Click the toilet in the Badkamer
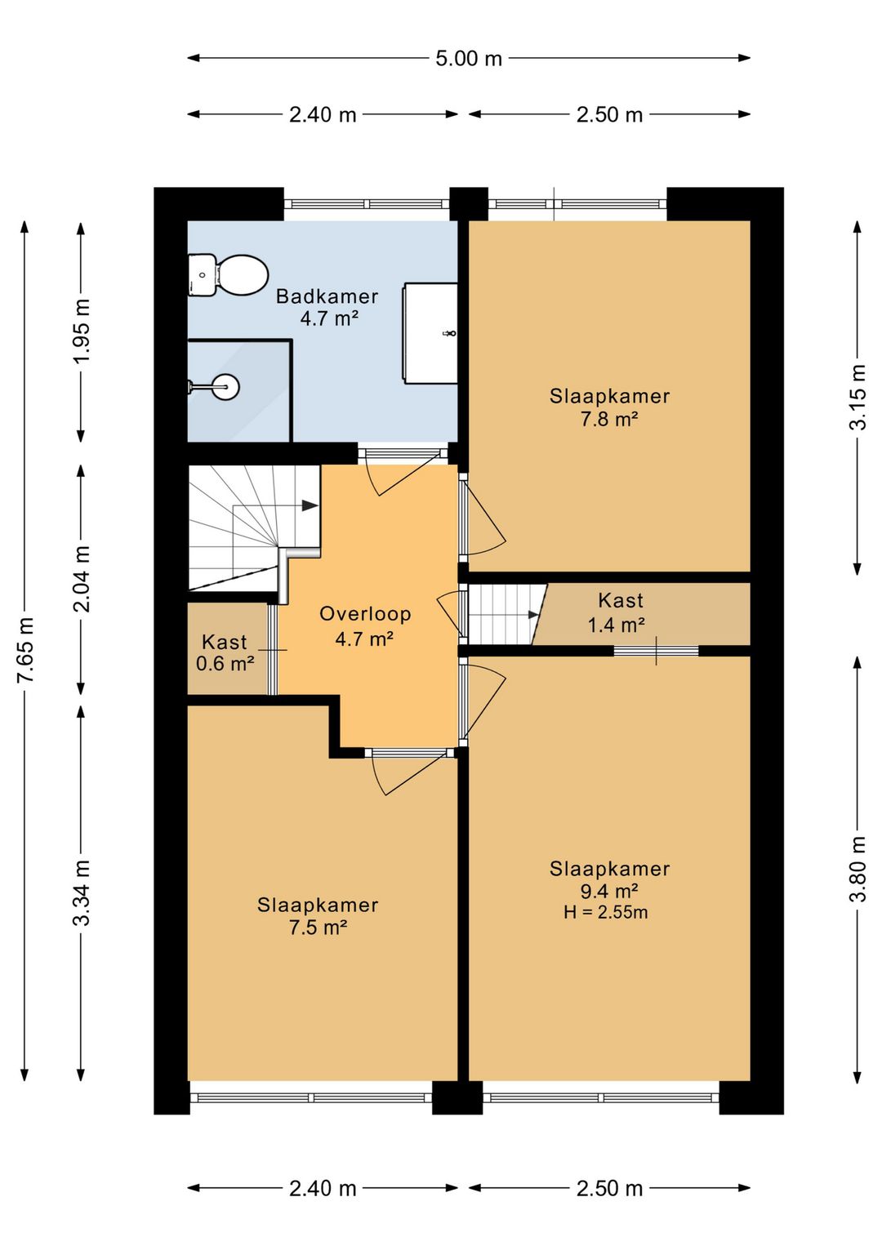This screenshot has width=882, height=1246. click(228, 275)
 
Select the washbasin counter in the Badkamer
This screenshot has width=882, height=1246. click(430, 333)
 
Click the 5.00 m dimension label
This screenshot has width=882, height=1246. click(469, 59)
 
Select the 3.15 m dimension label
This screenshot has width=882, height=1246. click(857, 397)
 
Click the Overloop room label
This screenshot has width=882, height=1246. click(365, 613)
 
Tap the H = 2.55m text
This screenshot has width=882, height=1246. click(605, 912)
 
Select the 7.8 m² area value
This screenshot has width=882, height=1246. click(608, 419)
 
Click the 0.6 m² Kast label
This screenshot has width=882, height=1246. click(225, 663)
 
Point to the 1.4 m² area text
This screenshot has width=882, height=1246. click(617, 625)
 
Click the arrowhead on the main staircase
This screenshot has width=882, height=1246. click(310, 505)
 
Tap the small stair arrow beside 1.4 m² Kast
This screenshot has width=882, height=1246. click(533, 615)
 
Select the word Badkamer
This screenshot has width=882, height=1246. click(327, 296)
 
